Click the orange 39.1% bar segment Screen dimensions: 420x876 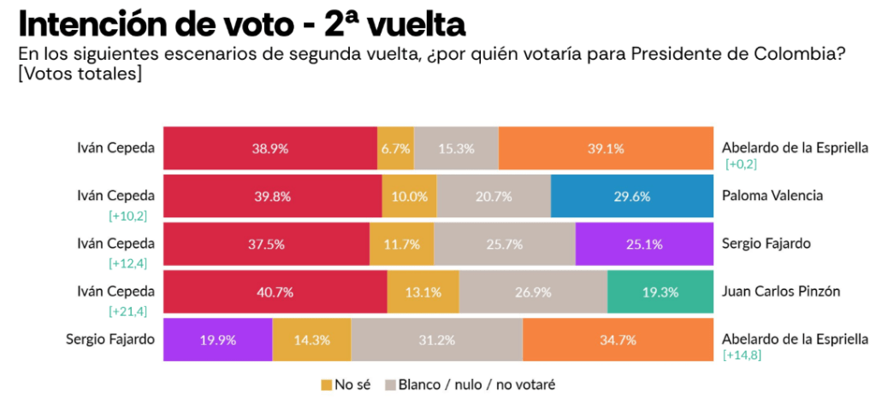606,147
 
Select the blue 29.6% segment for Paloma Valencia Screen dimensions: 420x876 631,196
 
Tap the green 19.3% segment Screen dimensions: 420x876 660,292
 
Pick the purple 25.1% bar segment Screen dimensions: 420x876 644,244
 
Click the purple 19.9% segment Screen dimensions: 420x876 217,340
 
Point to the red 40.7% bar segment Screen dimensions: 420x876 275,292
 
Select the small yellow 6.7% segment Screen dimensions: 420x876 395,147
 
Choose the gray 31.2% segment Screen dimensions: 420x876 436,340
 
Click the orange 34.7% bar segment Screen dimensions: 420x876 618,340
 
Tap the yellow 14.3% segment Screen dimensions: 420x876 311,340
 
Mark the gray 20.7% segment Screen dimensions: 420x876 494,196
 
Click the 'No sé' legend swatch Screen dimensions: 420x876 325,385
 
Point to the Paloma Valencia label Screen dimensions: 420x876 772,195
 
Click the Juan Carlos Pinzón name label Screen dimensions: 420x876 781,291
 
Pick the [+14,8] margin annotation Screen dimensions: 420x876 743,355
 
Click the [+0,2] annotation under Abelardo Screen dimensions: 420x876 741,163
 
